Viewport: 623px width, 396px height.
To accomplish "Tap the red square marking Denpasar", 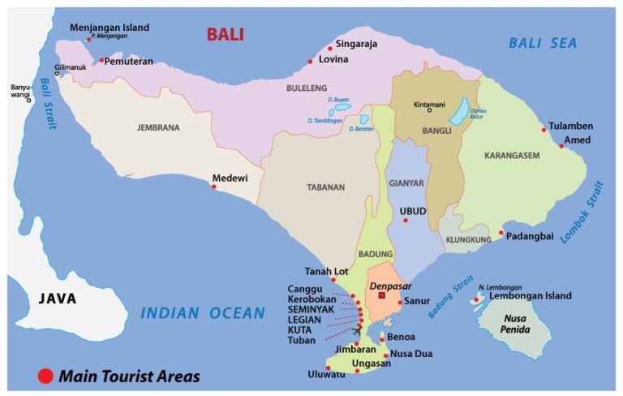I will (x=381, y=296).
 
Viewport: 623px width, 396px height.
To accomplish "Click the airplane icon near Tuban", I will (x=358, y=329).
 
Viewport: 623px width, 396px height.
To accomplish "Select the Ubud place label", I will (x=413, y=211).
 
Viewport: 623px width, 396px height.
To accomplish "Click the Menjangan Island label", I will (x=110, y=27).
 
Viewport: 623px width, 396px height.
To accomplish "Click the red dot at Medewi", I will (x=214, y=187).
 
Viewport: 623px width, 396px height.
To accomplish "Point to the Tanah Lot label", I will (x=326, y=271).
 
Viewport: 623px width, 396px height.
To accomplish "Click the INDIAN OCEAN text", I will (x=203, y=313).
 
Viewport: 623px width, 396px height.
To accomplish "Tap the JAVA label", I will (x=58, y=299).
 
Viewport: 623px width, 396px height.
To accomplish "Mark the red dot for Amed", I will (x=561, y=146).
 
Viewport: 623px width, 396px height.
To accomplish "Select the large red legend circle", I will (x=45, y=376).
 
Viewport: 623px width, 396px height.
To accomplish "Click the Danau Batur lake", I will (x=459, y=111).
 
